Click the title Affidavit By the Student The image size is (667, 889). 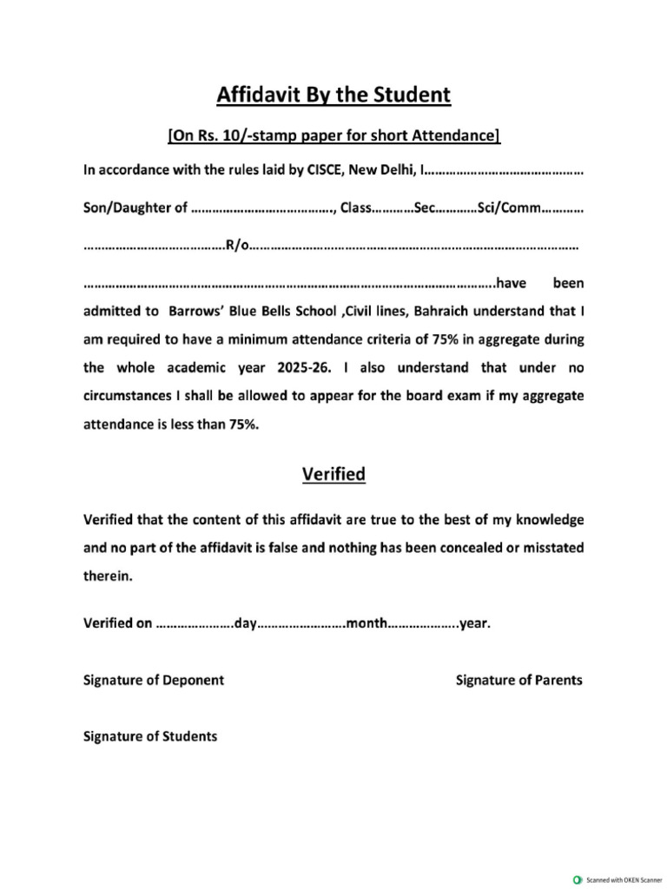pyautogui.click(x=333, y=95)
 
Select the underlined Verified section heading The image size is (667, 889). pyautogui.click(x=333, y=474)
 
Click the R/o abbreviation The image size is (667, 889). pyautogui.click(x=236, y=246)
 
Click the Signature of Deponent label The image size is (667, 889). pyautogui.click(x=154, y=680)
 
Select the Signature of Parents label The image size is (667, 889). pyautogui.click(x=519, y=680)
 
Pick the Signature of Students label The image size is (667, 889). pyautogui.click(x=150, y=736)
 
